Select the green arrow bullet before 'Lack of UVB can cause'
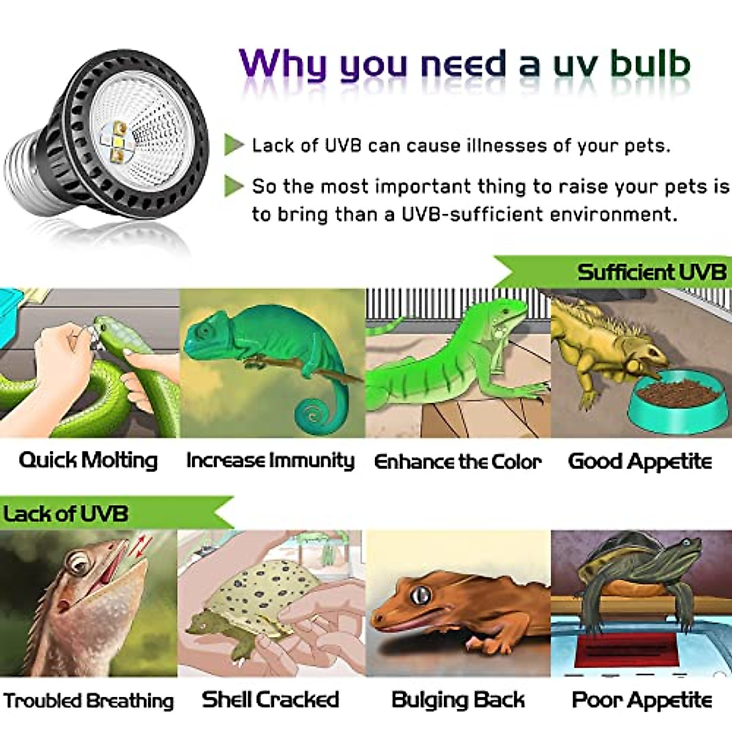[234, 145]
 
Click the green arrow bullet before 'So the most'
[234, 185]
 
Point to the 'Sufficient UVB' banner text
[651, 272]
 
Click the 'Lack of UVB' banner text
[66, 514]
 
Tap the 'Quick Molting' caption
[88, 461]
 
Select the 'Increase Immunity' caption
[270, 461]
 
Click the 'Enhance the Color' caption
[457, 462]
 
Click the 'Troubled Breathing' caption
[88, 701]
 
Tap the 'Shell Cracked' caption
[270, 700]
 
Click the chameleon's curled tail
[314, 415]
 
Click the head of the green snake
[113, 332]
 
